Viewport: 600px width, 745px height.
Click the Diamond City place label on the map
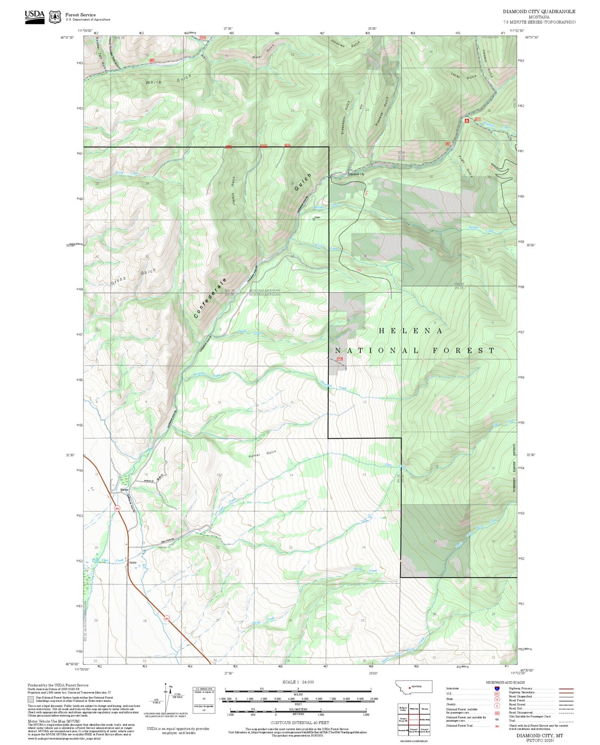(356, 174)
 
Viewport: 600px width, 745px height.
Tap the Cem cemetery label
(317, 218)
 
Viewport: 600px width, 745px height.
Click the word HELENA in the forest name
(411, 331)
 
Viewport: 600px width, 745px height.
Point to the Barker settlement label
(124, 490)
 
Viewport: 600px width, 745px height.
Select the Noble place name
(133, 563)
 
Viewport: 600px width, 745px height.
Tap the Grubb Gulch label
(134, 277)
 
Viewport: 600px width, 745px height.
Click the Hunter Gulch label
(262, 454)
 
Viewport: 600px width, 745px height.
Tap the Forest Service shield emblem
(55, 17)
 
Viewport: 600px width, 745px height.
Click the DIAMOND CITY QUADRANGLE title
(539, 12)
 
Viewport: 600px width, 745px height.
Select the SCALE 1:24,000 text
(298, 682)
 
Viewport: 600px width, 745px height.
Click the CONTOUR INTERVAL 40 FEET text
(299, 723)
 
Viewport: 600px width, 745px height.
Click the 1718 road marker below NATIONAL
(340, 359)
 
